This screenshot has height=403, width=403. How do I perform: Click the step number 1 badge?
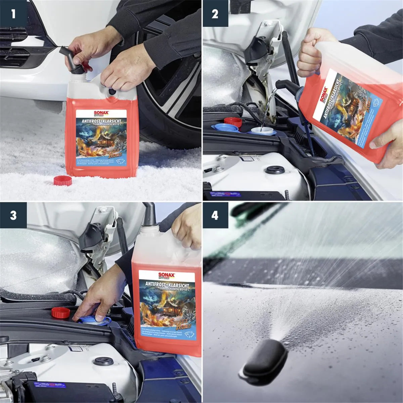13,14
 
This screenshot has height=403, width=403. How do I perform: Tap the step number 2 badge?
215,14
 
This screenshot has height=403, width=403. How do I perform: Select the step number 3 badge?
13,215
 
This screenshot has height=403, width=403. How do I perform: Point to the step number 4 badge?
215,215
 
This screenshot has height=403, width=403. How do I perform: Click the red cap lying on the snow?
63,180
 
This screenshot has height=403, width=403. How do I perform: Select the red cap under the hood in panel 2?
233,122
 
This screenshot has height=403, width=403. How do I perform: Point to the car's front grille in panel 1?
13,47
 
